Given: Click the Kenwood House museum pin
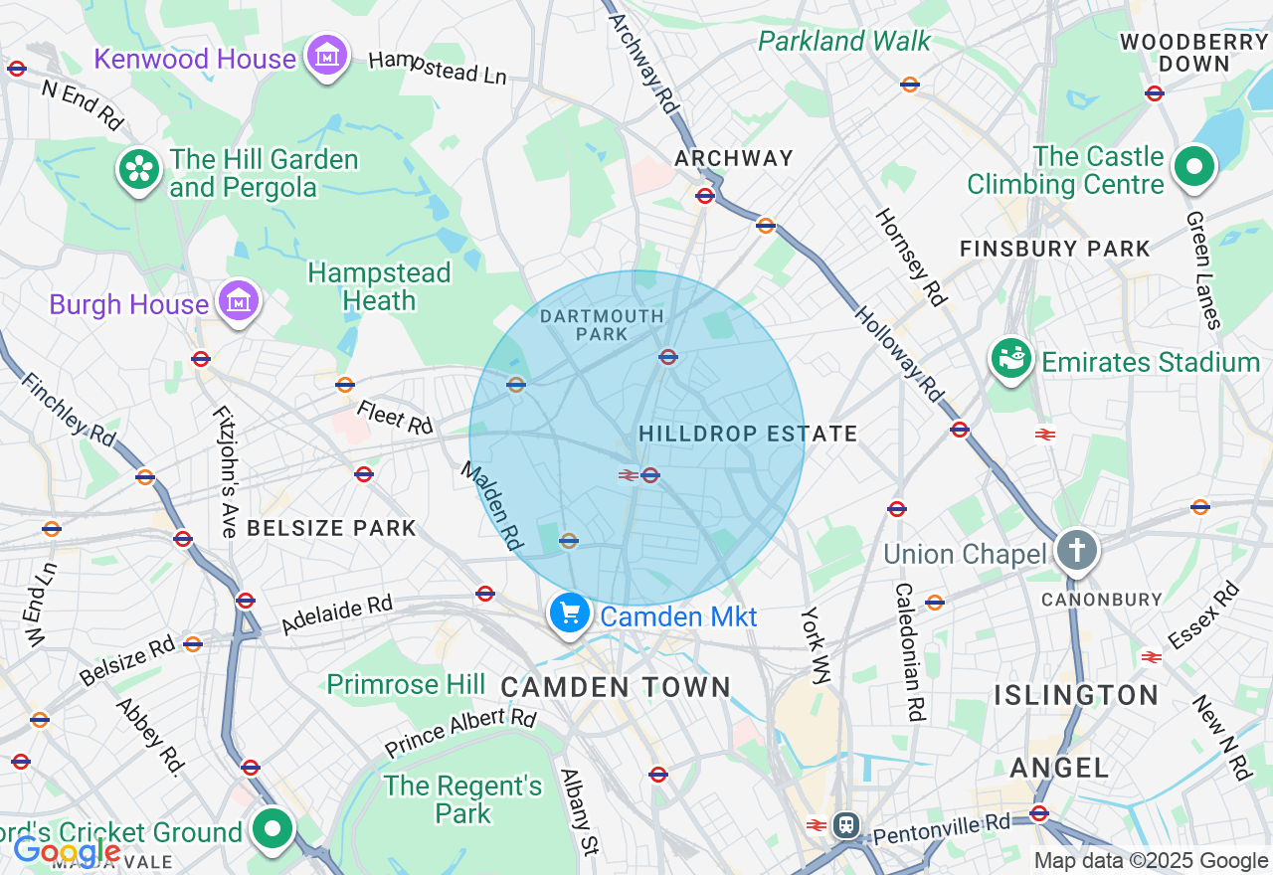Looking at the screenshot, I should (326, 56).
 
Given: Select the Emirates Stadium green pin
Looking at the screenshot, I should (1011, 360).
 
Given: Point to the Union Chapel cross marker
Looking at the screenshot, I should (1076, 551).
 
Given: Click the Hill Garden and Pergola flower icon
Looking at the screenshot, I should (140, 170).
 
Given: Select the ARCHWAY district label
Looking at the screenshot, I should (734, 158).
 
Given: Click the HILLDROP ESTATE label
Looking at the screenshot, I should (748, 434).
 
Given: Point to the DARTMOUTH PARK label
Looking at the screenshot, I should (602, 325).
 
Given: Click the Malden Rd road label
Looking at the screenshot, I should (491, 505).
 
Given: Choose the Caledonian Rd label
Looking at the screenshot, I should (909, 651).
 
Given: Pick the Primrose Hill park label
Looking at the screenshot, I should (406, 684).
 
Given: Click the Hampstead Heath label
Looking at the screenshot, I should (379, 286).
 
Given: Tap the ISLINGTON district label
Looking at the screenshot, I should (1076, 694).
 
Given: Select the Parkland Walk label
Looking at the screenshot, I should (844, 41).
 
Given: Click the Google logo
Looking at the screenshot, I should (66, 851).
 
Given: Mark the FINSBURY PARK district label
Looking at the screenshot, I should (1054, 249).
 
